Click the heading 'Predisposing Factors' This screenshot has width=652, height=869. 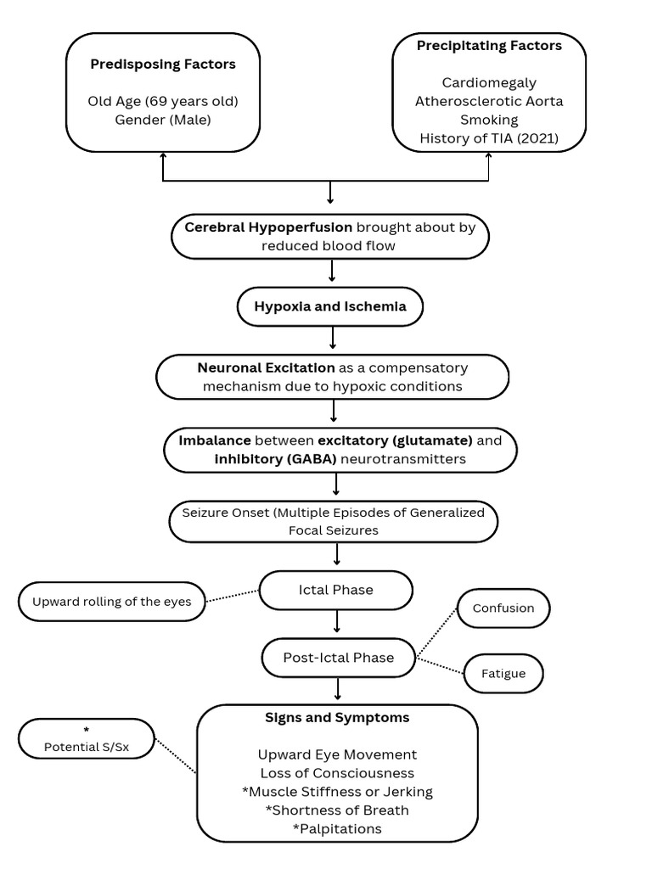click(163, 64)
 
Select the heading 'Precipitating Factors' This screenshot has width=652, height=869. click(489, 46)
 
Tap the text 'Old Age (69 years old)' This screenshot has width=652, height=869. click(163, 101)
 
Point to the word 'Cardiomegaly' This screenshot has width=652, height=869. click(489, 82)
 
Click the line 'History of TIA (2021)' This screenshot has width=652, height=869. click(489, 138)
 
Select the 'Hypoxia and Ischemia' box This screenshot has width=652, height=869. click(331, 307)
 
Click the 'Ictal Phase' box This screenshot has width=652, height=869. click(335, 590)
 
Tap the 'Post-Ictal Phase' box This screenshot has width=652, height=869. click(339, 658)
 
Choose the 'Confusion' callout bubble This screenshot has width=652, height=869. click(503, 608)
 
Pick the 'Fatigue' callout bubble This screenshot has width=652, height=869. click(504, 674)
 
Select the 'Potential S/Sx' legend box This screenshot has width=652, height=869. click(87, 740)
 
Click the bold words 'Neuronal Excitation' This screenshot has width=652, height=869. click(266, 368)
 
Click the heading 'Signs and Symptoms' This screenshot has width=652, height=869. click(337, 718)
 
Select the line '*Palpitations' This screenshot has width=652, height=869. click(337, 828)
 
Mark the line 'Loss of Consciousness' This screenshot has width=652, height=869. click(337, 773)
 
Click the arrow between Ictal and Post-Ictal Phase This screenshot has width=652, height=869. click(338, 622)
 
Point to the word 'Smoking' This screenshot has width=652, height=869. click(489, 120)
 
